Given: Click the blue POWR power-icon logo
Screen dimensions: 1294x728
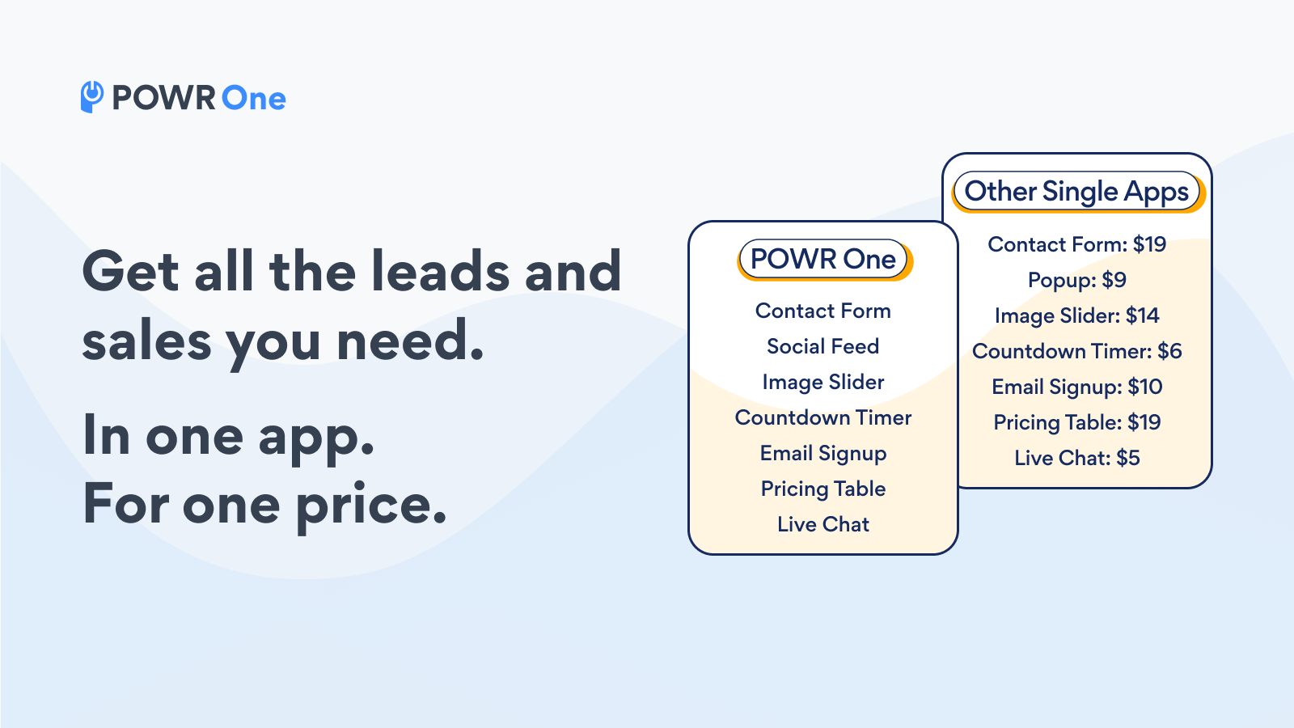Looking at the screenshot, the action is point(92,97).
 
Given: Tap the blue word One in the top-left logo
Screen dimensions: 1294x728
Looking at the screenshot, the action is point(254,98).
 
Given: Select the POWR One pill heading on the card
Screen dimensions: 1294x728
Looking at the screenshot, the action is point(823,259).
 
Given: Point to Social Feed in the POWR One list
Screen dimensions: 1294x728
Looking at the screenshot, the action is point(823,346).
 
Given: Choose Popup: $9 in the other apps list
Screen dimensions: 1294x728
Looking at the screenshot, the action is point(1076,280).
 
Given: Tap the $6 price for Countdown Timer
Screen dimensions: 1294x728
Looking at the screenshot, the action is point(1169,351).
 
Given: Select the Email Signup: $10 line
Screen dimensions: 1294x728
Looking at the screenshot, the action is point(1076,387).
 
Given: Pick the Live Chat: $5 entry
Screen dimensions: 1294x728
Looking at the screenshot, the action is point(1076,458).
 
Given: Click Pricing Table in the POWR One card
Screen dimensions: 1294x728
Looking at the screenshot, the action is point(823,489).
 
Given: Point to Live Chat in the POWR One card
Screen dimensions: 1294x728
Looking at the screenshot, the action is point(823,524).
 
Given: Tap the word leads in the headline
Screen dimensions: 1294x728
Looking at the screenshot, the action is point(440,270).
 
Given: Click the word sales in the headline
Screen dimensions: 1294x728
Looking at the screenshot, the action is point(146,341).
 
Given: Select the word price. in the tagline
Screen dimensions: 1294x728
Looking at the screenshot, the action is point(371,505).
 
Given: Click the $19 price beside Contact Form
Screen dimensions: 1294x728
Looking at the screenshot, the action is point(1149,244).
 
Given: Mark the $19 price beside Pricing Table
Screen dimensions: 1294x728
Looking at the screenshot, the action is point(1144,422).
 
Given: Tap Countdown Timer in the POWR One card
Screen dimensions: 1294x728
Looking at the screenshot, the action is point(823,417).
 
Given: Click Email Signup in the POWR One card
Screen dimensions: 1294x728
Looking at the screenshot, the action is point(823,454).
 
